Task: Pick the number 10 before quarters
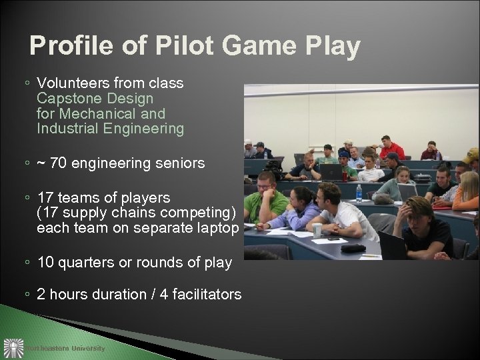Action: [46, 263]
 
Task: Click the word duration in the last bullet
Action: [111, 294]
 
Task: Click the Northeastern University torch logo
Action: [13, 347]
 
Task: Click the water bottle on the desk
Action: [359, 193]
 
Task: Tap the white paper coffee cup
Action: [317, 230]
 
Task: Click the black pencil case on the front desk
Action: [353, 247]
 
